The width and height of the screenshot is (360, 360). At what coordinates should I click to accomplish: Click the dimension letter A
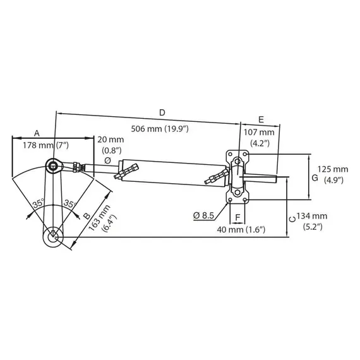37,133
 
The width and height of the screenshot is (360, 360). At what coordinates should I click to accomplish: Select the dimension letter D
162,112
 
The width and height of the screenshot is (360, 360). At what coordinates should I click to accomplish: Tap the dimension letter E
261,119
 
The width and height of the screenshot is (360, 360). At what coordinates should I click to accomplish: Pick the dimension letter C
291,218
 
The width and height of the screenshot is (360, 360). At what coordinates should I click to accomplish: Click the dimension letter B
87,215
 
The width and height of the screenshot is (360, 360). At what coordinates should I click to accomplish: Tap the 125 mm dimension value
332,169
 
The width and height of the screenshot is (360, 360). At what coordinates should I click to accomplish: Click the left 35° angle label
37,204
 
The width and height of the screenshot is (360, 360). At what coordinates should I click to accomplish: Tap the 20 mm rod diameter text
112,138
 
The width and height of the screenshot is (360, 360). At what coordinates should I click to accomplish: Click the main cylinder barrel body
168,171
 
